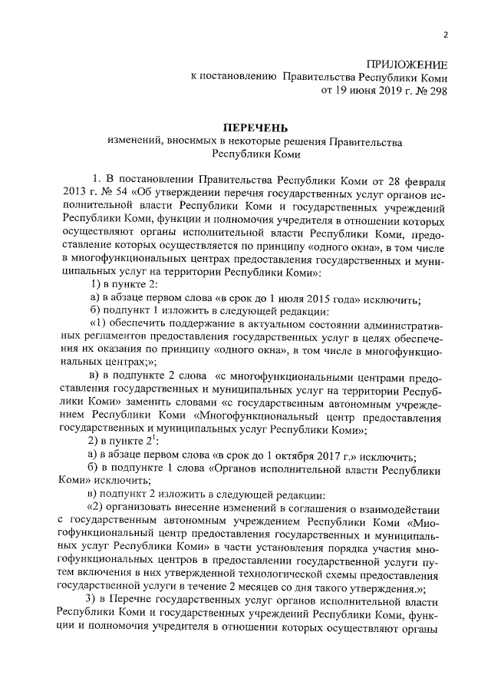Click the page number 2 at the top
click(x=445, y=35)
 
